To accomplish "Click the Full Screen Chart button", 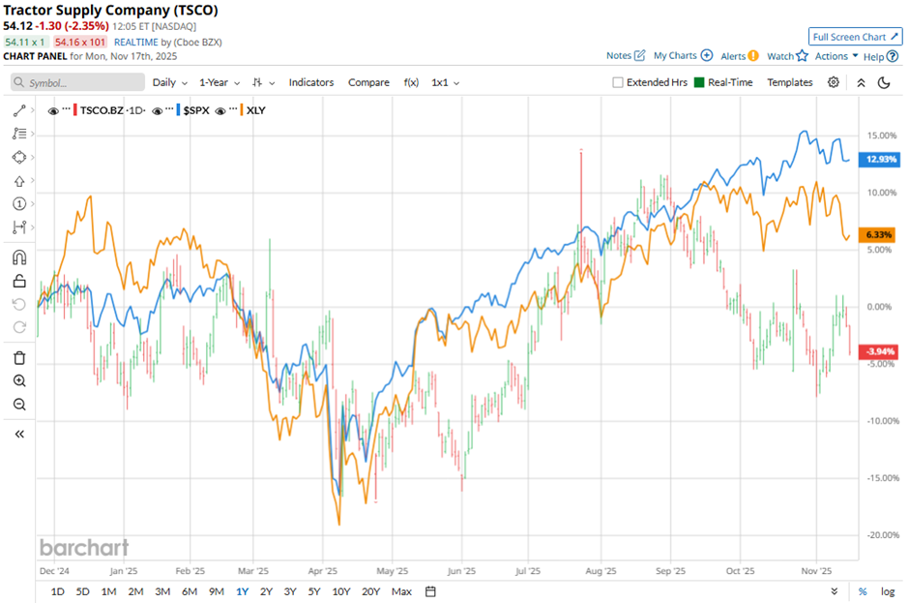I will click(855, 37).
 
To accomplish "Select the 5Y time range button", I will click(314, 591).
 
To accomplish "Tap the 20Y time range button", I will click(369, 591).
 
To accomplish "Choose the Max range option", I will click(402, 591).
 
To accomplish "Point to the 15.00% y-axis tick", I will click(881, 136).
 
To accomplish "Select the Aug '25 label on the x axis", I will click(601, 571).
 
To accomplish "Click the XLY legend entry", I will click(256, 110).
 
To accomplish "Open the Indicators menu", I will click(311, 82).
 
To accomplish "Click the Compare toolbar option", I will click(368, 82).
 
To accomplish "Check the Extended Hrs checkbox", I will click(618, 83).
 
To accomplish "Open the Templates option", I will click(790, 82).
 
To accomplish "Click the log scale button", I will click(888, 591).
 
